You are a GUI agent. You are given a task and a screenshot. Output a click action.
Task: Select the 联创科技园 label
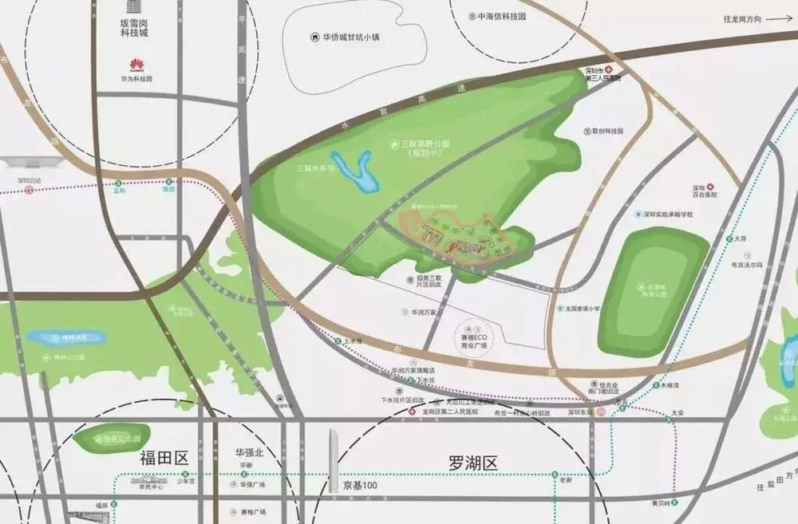point(606,130)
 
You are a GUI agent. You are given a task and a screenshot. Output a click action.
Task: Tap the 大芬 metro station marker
point(729,238)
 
